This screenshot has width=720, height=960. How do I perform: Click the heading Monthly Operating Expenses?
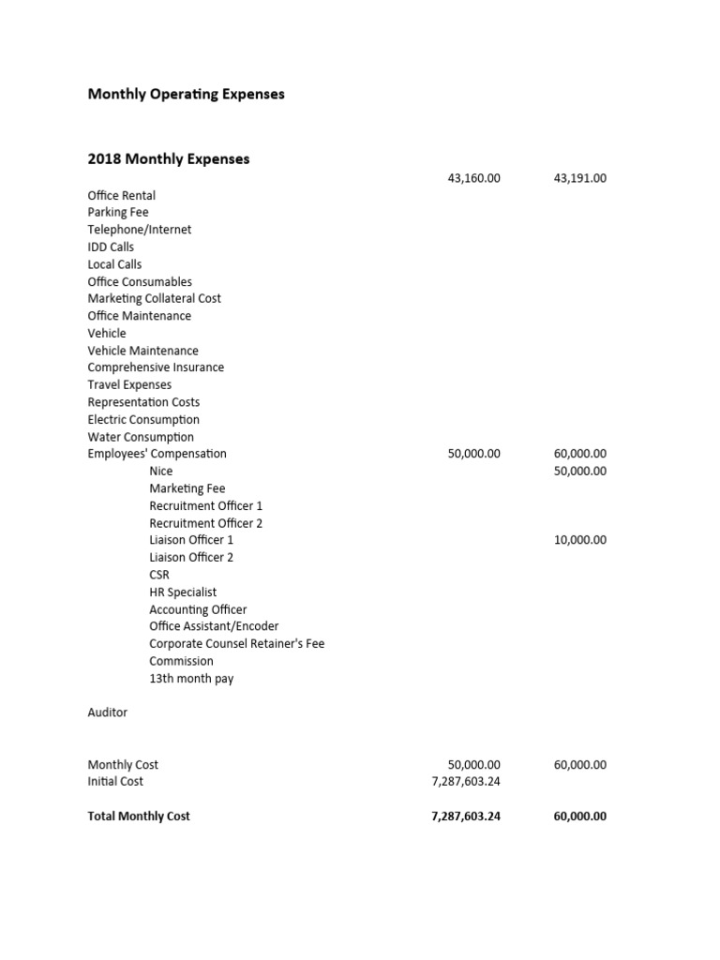186,95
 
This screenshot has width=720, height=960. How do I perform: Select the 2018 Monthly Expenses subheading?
169,159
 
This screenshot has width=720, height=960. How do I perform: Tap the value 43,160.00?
474,178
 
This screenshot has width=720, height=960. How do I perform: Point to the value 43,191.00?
580,178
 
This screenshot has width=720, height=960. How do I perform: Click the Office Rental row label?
122,196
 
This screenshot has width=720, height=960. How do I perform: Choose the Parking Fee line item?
118,213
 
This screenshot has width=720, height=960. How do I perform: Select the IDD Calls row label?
111,247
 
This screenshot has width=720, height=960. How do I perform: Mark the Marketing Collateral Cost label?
155,299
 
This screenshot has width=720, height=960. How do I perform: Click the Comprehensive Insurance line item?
156,367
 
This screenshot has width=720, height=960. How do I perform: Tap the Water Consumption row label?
141,437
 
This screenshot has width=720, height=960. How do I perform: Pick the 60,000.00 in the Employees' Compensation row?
580,454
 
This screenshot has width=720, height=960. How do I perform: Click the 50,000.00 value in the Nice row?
580,471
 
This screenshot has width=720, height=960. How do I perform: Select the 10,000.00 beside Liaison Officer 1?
580,540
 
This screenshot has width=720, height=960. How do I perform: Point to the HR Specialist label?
183,592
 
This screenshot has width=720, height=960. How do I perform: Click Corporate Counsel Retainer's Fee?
237,644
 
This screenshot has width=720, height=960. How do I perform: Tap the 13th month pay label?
191,679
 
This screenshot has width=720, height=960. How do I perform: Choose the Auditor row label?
108,712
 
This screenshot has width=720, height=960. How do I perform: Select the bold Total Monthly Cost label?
139,817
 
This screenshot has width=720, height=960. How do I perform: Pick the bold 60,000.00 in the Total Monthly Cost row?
580,817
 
